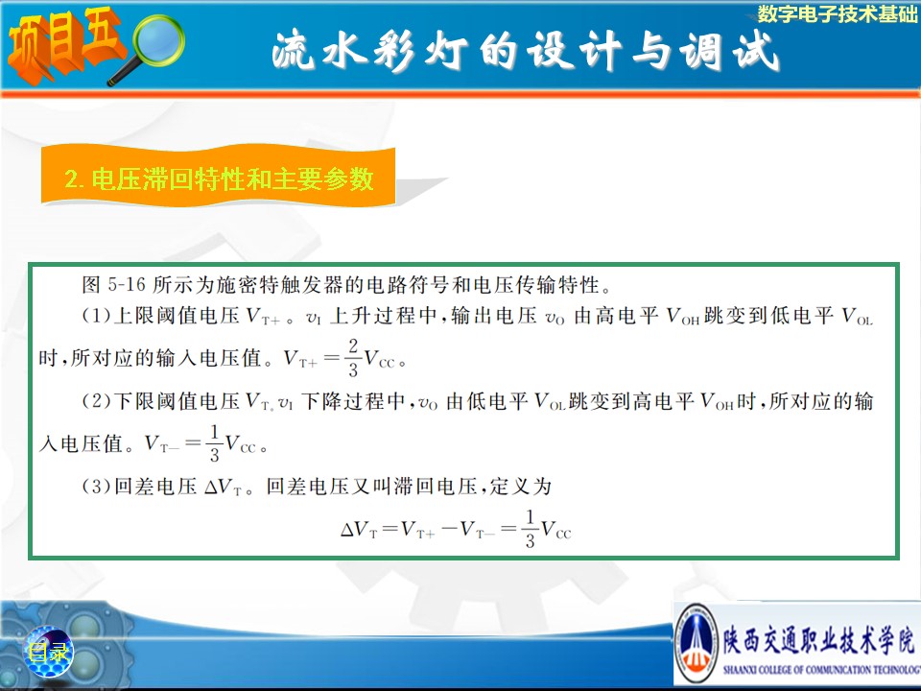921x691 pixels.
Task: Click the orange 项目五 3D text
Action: click(64, 44)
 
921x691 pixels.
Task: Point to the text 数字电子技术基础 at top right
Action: click(837, 13)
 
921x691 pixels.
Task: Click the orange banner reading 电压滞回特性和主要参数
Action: click(218, 178)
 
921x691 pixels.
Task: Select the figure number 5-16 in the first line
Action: click(127, 284)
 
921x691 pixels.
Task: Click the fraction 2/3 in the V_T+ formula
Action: click(353, 357)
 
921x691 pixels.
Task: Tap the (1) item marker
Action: click(96, 316)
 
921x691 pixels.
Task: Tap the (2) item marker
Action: click(96, 401)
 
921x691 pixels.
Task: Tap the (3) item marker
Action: click(96, 487)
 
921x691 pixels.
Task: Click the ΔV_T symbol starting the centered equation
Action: click(358, 530)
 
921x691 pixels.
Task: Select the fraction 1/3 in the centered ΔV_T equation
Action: click(530, 529)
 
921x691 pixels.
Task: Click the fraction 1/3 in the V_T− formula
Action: click(214, 443)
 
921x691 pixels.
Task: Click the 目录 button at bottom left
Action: click(49, 652)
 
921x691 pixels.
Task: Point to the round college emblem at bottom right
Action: click(697, 643)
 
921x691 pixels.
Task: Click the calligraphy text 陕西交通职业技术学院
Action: click(818, 639)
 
